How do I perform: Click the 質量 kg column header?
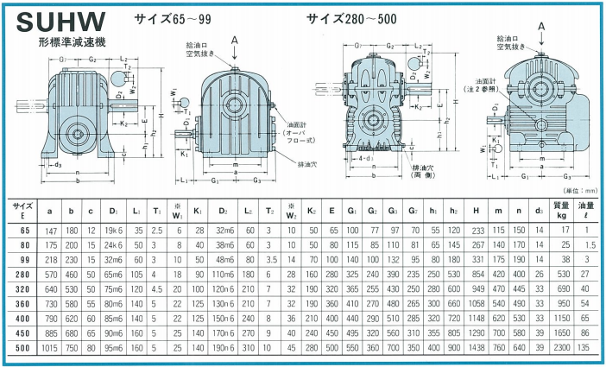pyautogui.click(x=561, y=209)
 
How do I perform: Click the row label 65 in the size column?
pyautogui.click(x=24, y=231)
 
